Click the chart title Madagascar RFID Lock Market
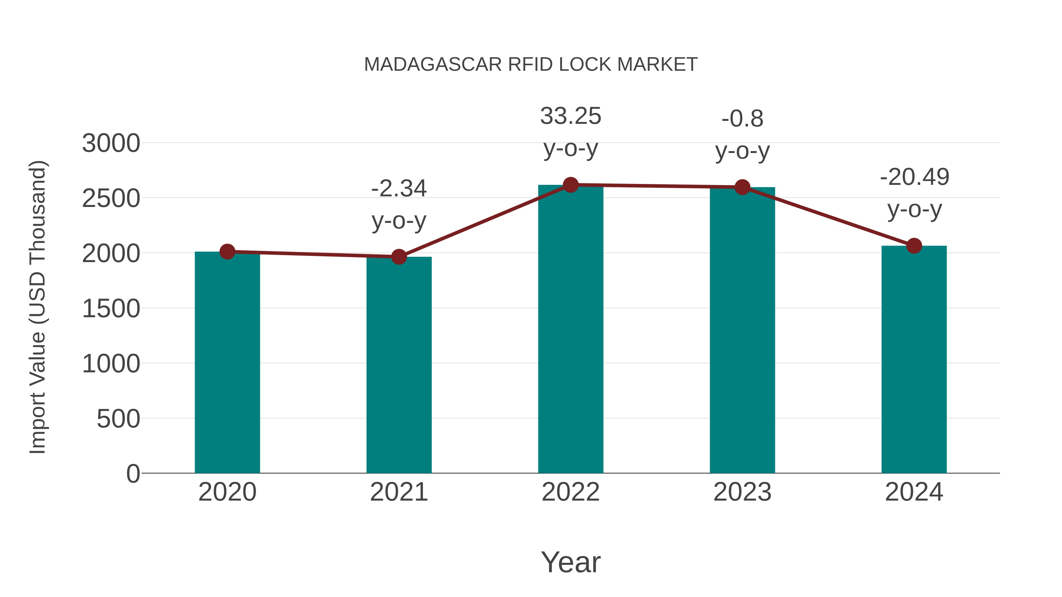(x=531, y=65)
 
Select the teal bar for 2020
(x=227, y=363)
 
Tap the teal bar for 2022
(x=571, y=330)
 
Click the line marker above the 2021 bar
(x=399, y=257)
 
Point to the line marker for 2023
(x=742, y=187)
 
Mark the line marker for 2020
(x=227, y=251)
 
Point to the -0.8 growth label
(x=743, y=134)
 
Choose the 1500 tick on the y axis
(x=111, y=309)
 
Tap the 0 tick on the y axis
(x=133, y=474)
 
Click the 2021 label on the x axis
(x=399, y=492)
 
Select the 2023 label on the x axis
(x=742, y=492)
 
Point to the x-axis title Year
(x=571, y=562)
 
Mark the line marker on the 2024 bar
(x=914, y=246)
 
